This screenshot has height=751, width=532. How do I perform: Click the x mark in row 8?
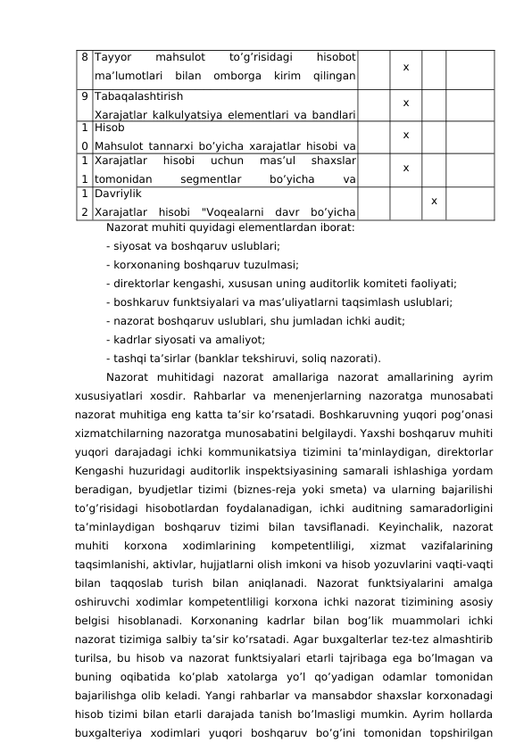(x=405, y=67)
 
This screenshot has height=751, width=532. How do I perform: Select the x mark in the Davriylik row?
(x=434, y=201)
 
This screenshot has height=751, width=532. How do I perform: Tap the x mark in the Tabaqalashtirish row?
(x=405, y=102)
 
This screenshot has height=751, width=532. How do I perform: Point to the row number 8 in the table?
(x=83, y=57)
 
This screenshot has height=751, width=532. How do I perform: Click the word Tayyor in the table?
(x=112, y=57)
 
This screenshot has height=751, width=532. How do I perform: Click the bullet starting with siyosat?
(x=192, y=244)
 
